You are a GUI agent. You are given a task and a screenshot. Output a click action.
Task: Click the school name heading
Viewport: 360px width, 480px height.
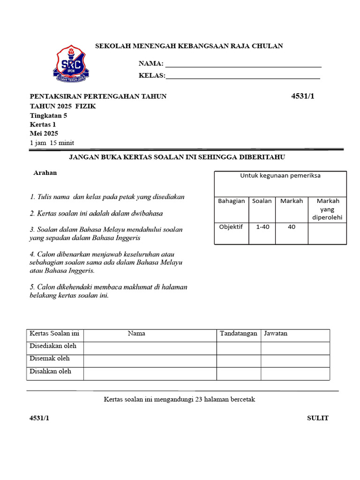pos(189,46)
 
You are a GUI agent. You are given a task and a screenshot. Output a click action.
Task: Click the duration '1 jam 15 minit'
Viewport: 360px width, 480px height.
pos(52,143)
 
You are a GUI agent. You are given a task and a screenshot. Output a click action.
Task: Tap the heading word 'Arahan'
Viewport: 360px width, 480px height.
pos(45,172)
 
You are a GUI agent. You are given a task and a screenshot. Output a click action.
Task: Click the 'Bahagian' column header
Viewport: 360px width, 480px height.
pos(232,201)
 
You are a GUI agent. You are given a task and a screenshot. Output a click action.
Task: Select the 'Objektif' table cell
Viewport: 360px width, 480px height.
pos(231,227)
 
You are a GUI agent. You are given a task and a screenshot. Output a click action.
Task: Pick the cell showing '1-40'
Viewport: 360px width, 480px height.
pos(262,227)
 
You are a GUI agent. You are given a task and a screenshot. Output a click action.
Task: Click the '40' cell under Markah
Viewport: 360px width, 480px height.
pos(292,227)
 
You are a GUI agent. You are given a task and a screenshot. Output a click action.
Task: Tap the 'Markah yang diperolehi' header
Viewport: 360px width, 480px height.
pos(328,209)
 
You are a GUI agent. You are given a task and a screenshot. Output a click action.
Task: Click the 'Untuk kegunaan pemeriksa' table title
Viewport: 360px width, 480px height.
pos(280,176)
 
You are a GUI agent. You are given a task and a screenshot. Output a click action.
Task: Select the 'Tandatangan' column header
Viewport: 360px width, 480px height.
pos(239,334)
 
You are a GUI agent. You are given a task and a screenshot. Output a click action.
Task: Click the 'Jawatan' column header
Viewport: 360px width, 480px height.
pos(276,334)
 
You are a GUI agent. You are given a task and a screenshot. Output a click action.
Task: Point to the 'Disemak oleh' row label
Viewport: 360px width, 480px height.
pos(50,359)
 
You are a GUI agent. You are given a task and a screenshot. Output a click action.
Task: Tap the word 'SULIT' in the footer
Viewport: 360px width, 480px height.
pos(318,418)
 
